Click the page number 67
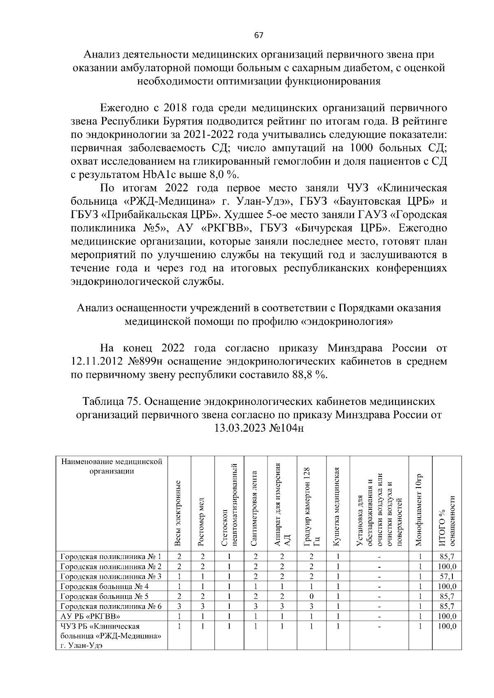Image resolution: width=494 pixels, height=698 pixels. pyautogui.click(x=259, y=35)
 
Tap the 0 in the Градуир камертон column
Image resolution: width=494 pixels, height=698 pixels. pyautogui.click(x=311, y=596)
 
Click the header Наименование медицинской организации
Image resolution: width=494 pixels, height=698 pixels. pyautogui.click(x=112, y=466)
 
